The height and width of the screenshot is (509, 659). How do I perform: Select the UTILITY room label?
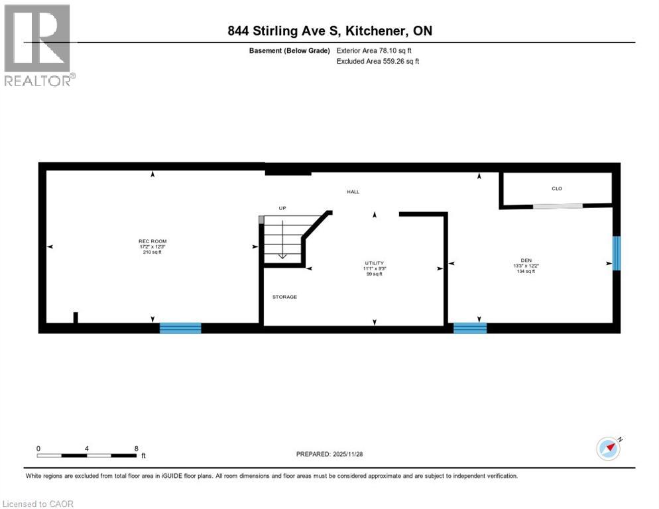(374, 263)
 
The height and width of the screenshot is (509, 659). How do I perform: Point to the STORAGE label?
(284, 297)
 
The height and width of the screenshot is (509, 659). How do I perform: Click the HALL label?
(353, 192)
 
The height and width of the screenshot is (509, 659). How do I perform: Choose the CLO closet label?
(557, 188)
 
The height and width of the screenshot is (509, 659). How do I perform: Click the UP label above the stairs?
(282, 208)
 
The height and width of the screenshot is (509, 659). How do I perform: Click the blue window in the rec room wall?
(180, 327)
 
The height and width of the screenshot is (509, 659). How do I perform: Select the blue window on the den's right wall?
(616, 253)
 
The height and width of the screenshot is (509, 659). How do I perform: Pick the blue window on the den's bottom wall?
(469, 327)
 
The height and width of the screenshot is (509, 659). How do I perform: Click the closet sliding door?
(558, 206)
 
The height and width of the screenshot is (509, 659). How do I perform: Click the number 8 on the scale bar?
(137, 448)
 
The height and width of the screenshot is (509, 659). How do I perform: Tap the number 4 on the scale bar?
(87, 448)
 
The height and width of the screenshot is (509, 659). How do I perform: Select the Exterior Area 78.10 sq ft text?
(378, 50)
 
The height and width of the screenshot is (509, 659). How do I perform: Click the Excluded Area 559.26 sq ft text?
(378, 61)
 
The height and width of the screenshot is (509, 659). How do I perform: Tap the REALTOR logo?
(38, 46)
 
